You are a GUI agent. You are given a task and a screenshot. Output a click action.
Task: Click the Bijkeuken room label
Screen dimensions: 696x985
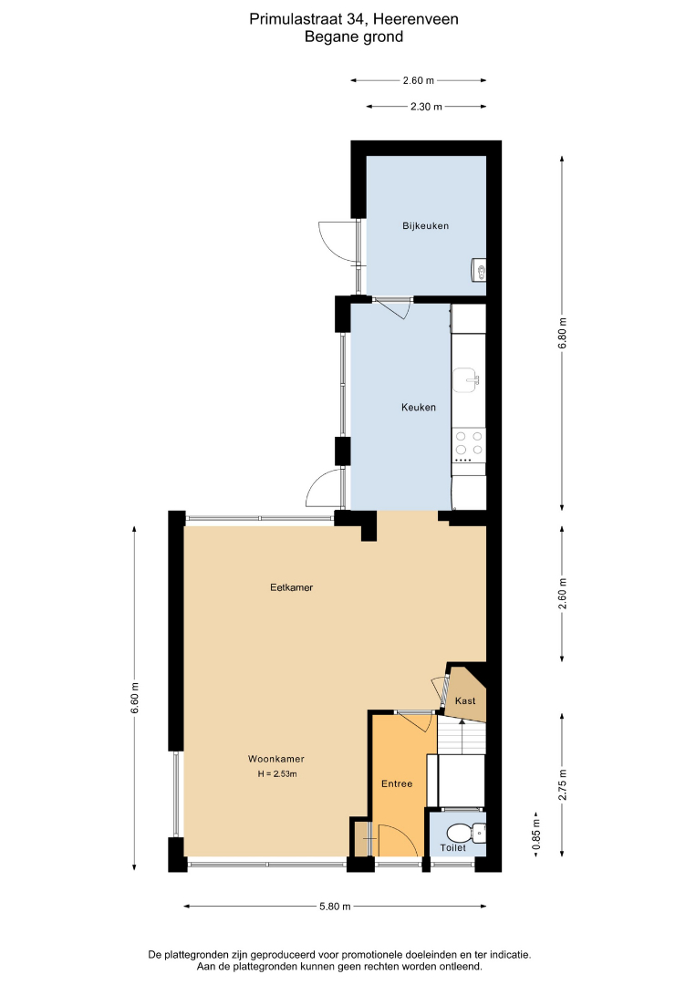[425, 225]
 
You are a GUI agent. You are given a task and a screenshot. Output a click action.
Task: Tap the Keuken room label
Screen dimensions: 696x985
[419, 407]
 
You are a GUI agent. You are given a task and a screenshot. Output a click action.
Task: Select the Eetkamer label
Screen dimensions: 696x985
[292, 587]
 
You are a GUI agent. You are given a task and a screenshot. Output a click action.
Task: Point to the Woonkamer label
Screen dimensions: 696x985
[276, 759]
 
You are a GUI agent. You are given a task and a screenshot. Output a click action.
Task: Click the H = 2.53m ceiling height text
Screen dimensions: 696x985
[277, 774]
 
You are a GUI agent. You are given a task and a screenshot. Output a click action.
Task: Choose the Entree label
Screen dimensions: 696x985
[397, 783]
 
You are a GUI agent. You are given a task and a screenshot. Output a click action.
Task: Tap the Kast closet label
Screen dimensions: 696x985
[465, 700]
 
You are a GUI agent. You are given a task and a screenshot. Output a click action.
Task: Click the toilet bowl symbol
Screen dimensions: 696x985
[464, 834]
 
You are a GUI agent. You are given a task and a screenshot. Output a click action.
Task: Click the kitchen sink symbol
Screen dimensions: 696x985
[466, 380]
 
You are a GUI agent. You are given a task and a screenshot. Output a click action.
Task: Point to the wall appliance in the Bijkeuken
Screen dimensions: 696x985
[479, 270]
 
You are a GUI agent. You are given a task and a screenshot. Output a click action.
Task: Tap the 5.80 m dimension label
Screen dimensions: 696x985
[335, 906]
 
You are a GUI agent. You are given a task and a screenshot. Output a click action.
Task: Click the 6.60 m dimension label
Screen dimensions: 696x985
[134, 698]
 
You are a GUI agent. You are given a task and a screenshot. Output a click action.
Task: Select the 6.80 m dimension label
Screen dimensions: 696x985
[562, 333]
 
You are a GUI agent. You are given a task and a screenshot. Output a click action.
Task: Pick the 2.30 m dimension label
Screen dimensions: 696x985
[427, 107]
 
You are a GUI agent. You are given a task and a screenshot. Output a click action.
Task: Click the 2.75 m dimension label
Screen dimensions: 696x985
[562, 784]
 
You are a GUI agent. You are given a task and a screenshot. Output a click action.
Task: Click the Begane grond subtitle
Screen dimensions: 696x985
[354, 36]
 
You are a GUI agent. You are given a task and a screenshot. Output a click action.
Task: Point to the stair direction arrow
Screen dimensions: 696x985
[462, 738]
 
